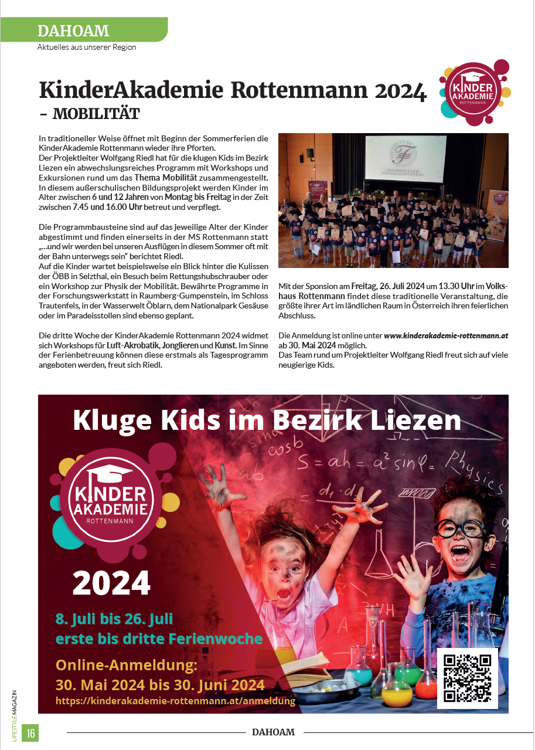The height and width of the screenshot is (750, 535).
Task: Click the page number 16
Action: pyautogui.click(x=30, y=732)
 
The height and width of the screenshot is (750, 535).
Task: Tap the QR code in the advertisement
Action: pyautogui.click(x=467, y=678)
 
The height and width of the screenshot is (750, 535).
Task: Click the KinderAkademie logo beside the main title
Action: pyautogui.click(x=474, y=92)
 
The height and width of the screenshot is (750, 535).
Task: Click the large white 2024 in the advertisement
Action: pyautogui.click(x=111, y=583)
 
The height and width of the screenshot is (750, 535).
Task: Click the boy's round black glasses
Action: pyautogui.click(x=461, y=527)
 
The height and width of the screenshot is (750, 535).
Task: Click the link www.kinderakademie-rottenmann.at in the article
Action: pyautogui.click(x=446, y=335)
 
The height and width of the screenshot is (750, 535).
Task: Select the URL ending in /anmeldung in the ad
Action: pyautogui.click(x=175, y=701)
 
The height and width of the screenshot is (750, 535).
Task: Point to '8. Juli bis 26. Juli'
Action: pyautogui.click(x=114, y=619)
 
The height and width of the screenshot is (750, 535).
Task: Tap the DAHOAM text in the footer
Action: pyautogui.click(x=273, y=732)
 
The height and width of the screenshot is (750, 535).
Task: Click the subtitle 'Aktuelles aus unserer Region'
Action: pyautogui.click(x=87, y=47)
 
